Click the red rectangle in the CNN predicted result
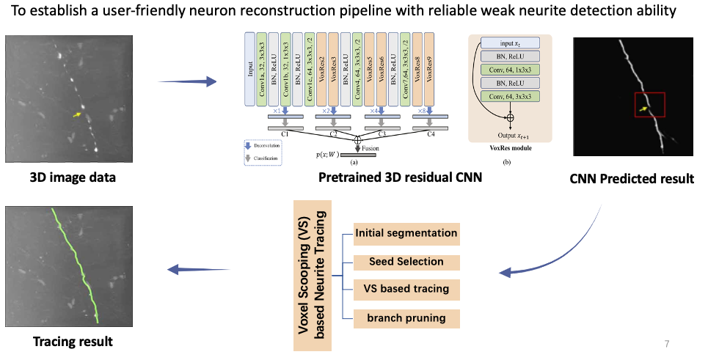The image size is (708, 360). [650, 105]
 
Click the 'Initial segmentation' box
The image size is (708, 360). [406, 234]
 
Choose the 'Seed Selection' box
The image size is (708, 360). [406, 262]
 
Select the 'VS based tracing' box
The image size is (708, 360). [406, 289]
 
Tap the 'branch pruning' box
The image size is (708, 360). [406, 318]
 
